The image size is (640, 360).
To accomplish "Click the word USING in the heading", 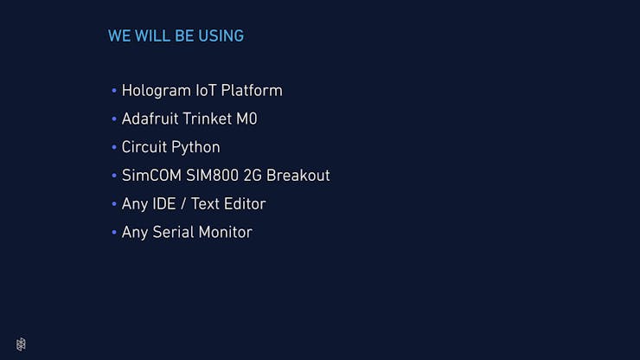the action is (221, 36).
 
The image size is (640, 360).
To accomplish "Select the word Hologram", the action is (157, 91).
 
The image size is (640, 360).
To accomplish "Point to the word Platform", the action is (252, 90).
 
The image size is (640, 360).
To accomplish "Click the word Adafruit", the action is (150, 119).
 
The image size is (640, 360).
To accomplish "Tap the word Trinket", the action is (208, 119).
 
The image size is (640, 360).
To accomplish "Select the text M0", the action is (246, 119).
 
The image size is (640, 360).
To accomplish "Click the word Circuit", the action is (144, 147).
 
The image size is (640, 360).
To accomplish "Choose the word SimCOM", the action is (151, 176).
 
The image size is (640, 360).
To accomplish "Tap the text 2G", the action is (253, 176).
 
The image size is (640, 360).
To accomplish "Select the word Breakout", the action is (298, 176).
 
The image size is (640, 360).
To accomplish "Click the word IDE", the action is (164, 204).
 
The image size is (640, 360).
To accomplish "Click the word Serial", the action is (174, 233).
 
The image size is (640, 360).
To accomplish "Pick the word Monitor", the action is (226, 233).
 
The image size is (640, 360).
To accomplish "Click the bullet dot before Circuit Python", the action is (114, 147).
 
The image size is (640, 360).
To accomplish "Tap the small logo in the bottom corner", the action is (21, 344).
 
